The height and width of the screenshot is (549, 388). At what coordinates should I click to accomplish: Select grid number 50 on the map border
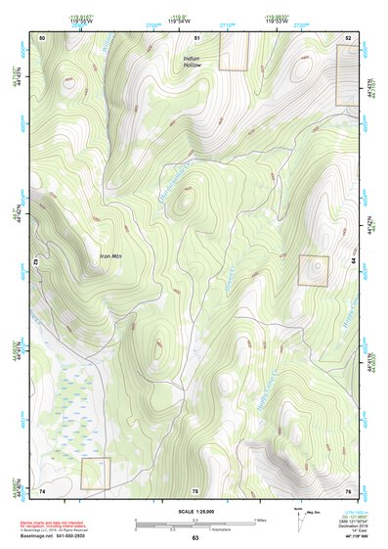(x=43, y=37)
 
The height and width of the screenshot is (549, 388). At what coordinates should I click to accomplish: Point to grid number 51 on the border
(x=196, y=37)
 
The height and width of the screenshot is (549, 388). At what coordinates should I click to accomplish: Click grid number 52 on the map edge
(x=348, y=37)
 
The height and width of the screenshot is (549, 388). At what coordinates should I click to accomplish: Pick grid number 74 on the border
(x=43, y=490)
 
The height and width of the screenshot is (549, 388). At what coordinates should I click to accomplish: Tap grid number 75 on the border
(x=195, y=490)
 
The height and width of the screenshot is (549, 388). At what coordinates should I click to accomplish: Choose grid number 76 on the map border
(x=348, y=490)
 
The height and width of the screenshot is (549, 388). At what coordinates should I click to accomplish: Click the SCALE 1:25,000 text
(x=194, y=512)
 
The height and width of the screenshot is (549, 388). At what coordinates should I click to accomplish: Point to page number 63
(x=195, y=538)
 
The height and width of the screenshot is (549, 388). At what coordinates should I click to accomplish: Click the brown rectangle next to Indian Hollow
(x=234, y=51)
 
